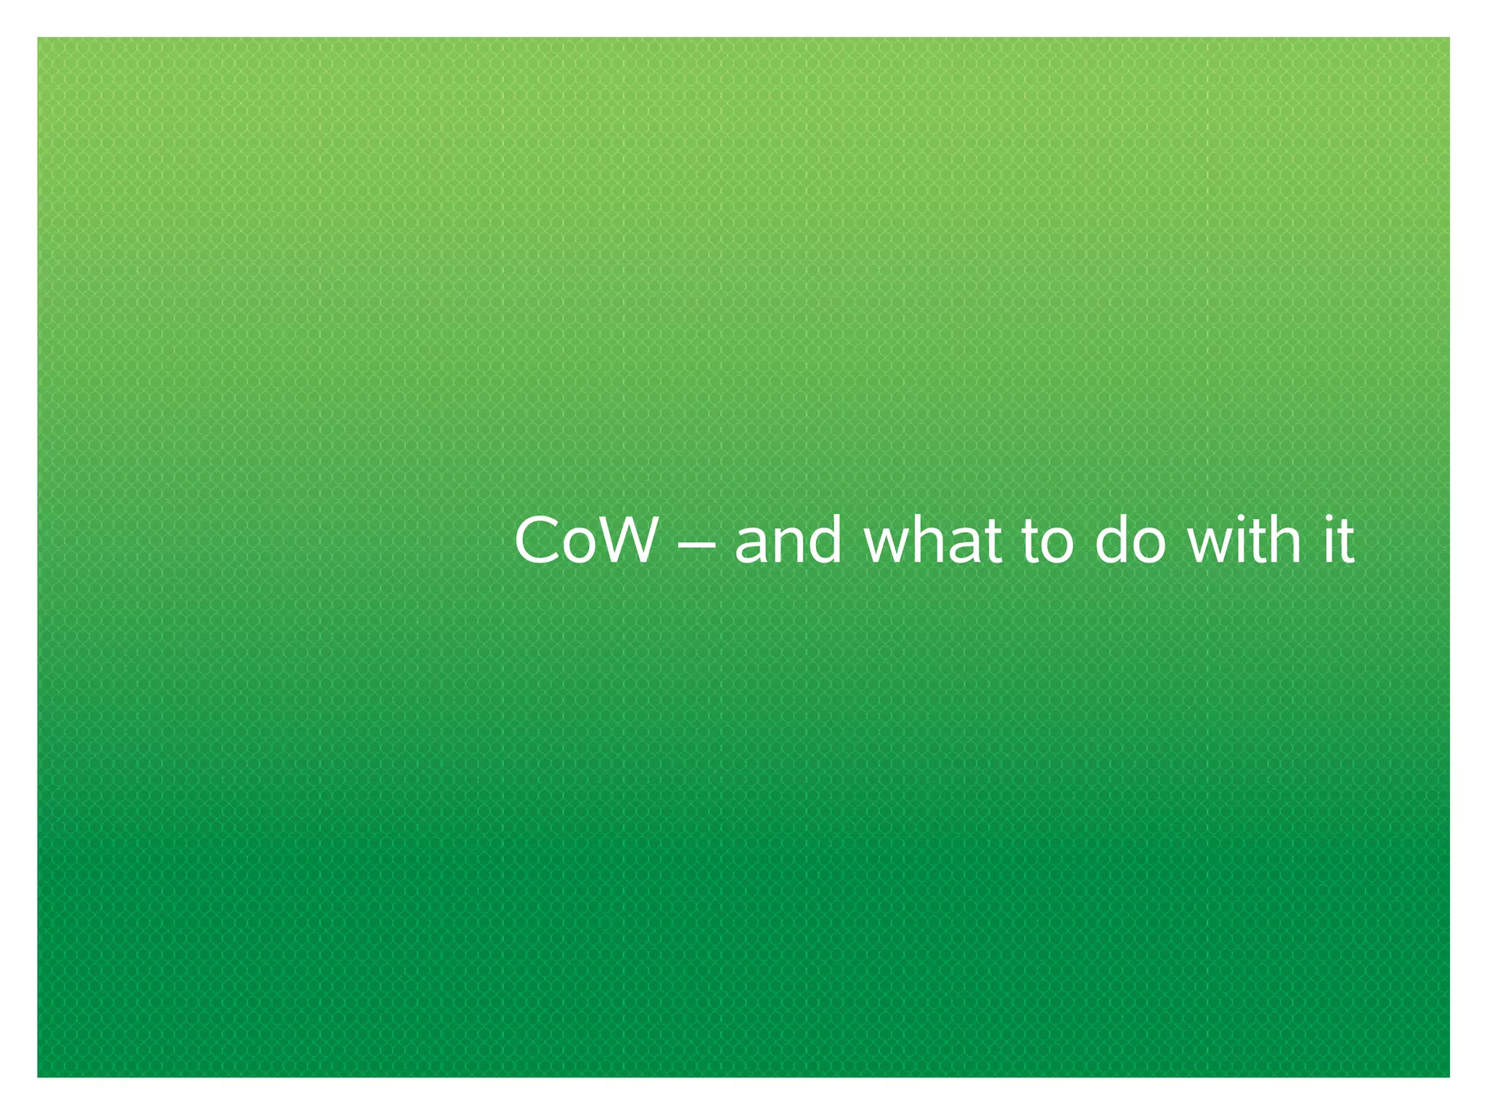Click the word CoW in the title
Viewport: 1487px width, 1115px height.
pos(584,541)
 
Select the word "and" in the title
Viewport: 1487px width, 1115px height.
pos(789,542)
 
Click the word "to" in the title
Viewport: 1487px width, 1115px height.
pos(1047,542)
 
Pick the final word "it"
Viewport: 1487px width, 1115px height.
pos(1339,541)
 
